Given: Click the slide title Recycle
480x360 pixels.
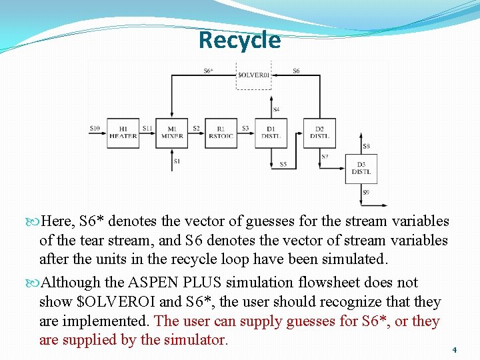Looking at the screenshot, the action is [239, 40].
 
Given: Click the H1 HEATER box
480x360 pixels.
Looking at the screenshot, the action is [123, 133].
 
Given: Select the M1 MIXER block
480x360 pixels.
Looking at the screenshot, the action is [172, 133].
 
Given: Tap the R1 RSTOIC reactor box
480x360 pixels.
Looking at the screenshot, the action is [221, 133].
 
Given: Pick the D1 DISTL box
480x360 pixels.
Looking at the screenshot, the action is [271, 133].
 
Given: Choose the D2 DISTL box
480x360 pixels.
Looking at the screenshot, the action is [319, 133].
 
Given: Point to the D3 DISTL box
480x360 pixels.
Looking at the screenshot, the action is [361, 169].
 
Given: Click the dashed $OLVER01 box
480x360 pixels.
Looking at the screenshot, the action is [254, 75].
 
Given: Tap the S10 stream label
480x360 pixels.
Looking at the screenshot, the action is [95, 128].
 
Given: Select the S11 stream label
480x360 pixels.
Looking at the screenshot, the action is [147, 128].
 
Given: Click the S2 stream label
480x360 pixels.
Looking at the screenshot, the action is [196, 128].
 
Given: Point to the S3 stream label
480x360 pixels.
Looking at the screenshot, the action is [245, 128].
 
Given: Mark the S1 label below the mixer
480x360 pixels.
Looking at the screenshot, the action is [177, 161].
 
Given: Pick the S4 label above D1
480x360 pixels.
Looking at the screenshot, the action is [276, 109].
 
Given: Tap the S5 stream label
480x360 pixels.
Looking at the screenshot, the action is [283, 164].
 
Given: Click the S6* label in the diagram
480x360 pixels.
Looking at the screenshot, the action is [208, 71].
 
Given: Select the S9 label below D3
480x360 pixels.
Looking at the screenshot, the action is [366, 193].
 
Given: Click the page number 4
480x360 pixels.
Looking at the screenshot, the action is [454, 349].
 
